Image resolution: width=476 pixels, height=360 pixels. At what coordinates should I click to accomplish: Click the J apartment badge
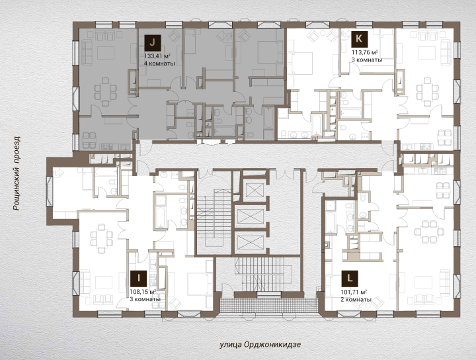pos(153,42)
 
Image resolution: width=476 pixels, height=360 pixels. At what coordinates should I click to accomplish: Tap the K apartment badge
pos(360,39)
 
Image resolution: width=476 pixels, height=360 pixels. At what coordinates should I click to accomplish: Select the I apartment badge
pos(138,279)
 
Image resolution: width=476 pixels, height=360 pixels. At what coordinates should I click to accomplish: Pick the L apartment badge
pos(350,279)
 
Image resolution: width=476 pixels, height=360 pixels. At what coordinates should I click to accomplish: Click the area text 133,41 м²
pos(157,56)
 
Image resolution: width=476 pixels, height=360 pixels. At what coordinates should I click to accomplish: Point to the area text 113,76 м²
pos(364,52)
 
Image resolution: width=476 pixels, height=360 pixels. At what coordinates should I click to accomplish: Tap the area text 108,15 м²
pos(143,292)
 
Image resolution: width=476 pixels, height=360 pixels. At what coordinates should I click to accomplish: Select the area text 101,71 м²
pos(354,292)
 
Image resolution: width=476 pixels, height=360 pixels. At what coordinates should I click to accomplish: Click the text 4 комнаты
pos(159,64)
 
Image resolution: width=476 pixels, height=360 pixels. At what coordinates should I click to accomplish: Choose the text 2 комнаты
pos(356,300)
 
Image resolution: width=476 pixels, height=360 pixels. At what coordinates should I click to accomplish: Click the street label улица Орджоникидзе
pos(260,345)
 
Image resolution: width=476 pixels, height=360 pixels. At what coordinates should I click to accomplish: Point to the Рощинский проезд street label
pos(17,173)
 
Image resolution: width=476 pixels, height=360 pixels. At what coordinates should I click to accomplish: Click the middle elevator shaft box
pos(251,216)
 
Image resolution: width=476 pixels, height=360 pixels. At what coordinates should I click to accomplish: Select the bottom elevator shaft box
pos(251,242)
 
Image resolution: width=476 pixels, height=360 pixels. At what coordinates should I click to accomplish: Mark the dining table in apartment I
pos(101,239)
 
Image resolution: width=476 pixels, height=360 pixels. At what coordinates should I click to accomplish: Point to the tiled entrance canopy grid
pos(268,305)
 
